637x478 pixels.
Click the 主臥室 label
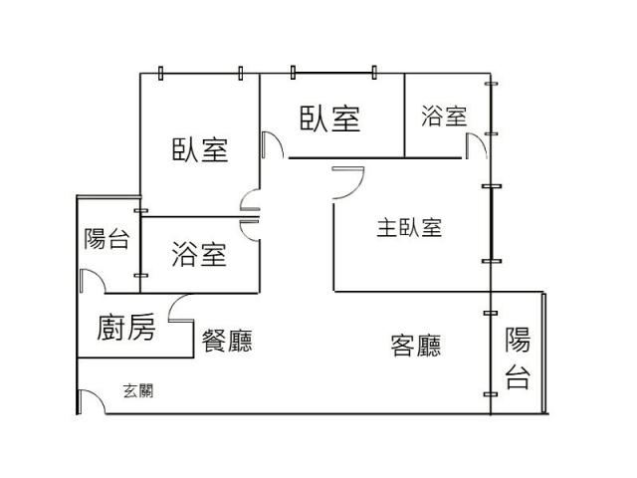409,228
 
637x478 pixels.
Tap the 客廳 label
416,346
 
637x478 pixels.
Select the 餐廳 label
227,342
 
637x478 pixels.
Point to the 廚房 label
126,328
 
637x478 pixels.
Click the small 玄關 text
138,390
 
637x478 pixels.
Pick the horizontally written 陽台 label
106,239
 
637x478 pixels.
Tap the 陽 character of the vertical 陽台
518,340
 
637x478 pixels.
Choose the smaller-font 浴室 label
444,117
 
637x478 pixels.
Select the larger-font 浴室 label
199,255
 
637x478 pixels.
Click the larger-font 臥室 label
329,119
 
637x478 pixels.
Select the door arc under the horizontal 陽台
91,280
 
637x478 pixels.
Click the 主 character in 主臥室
386,228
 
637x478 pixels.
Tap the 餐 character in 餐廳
214,342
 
